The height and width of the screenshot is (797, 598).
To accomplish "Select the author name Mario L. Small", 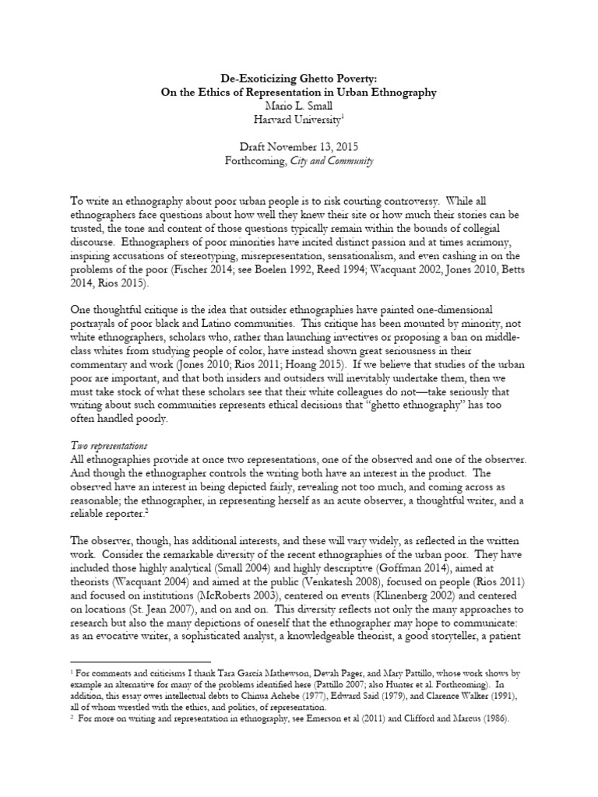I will click(299, 105).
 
